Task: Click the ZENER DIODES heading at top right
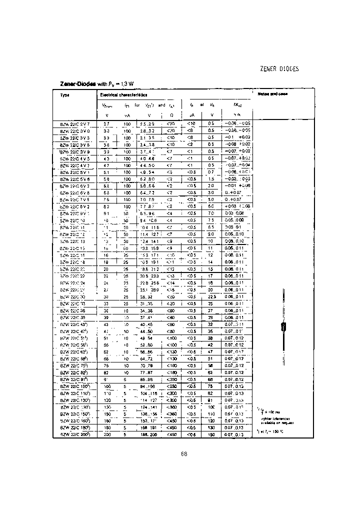(x=279, y=69)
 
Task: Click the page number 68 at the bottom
(x=183, y=454)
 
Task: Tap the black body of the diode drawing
(x=282, y=327)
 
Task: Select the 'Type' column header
(x=65, y=94)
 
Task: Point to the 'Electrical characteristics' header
(x=123, y=94)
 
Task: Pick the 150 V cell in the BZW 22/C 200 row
(x=210, y=434)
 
